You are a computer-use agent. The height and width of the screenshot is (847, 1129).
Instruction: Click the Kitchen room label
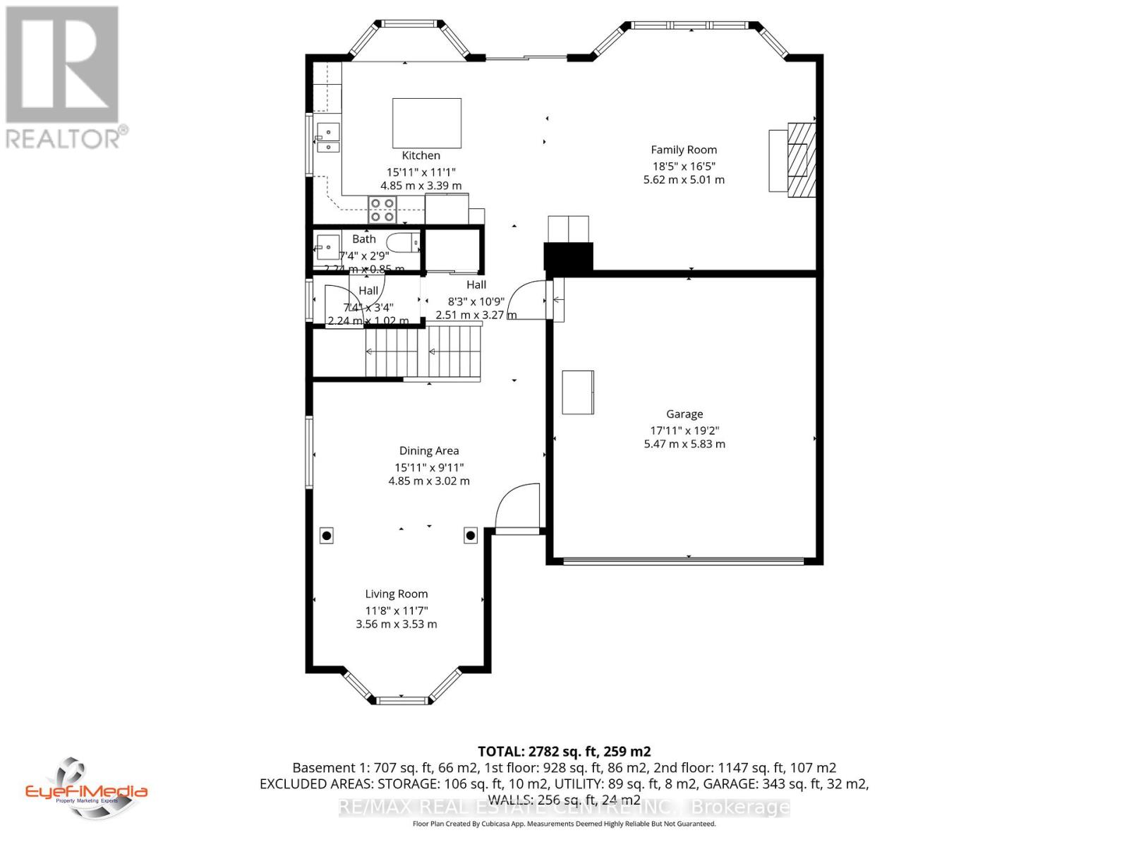click(x=421, y=155)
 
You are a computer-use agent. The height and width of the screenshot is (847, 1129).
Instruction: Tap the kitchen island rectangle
click(x=427, y=123)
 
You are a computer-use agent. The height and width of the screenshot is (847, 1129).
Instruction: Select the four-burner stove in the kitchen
click(x=382, y=210)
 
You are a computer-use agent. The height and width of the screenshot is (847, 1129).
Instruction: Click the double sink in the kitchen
click(x=328, y=138)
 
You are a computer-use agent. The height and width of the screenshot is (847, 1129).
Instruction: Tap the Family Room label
click(x=683, y=150)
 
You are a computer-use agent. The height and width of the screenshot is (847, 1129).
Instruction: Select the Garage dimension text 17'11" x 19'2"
click(x=684, y=430)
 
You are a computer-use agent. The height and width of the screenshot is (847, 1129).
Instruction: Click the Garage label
click(x=684, y=414)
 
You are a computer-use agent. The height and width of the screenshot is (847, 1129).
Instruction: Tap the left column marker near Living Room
click(x=327, y=536)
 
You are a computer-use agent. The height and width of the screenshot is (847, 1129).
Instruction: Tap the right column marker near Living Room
click(x=470, y=536)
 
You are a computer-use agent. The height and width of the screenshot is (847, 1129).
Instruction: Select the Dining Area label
click(x=428, y=450)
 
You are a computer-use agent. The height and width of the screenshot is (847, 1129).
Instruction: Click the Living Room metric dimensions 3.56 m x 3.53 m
click(x=396, y=624)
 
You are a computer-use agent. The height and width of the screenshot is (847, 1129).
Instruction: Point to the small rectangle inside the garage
click(x=577, y=392)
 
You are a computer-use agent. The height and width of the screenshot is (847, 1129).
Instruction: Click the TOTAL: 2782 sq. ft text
click(x=564, y=751)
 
